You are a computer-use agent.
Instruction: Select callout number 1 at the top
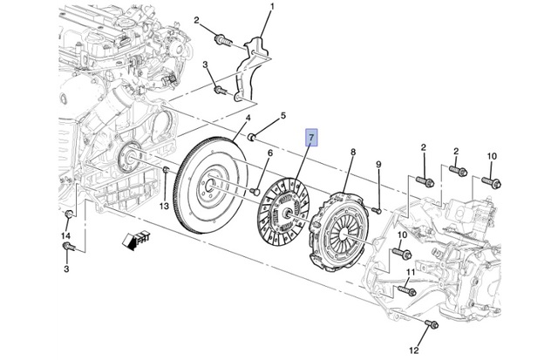270,8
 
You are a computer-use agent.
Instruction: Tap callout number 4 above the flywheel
248,119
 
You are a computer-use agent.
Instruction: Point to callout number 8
352,153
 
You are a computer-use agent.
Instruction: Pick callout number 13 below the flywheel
163,206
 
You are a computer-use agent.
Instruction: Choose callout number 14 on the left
65,235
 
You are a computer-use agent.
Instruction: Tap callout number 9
378,165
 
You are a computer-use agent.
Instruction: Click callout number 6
269,154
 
